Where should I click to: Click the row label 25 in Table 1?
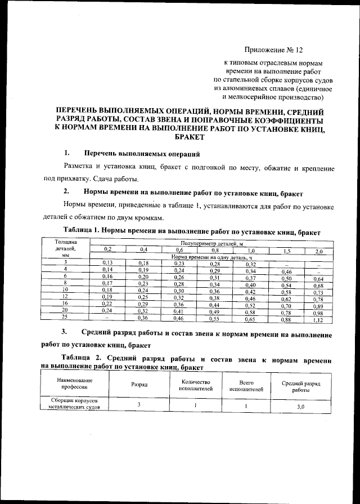tap(65, 317)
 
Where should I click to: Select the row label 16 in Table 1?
tap(65, 302)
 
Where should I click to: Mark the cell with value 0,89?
tap(318, 305)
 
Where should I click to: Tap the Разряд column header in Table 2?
tap(139, 385)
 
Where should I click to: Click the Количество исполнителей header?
tap(194, 385)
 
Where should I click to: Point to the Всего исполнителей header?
tap(246, 385)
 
